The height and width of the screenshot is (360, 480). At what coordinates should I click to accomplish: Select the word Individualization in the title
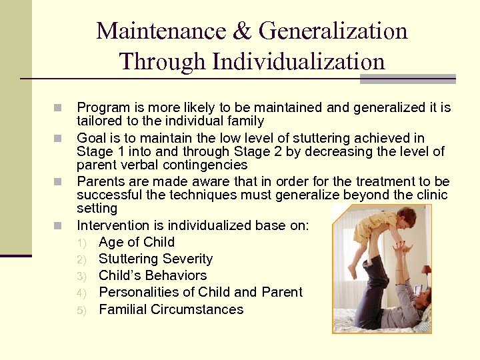pos(299,62)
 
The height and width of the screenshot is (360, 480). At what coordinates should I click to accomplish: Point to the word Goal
pos(91,138)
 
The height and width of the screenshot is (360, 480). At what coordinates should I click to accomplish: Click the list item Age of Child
pos(136,242)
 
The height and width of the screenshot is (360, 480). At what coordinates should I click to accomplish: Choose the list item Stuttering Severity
pos(155,259)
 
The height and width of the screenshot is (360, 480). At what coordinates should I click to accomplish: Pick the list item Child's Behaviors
pos(153,275)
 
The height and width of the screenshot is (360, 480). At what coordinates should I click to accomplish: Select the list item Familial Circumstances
pos(171,309)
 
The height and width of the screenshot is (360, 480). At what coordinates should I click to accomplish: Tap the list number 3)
pos(81,276)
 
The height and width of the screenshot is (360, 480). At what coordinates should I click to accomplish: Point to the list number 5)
pos(81,310)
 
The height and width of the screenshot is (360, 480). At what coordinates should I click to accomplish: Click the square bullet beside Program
pos(58,107)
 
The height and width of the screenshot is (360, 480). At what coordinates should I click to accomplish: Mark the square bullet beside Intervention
pos(58,225)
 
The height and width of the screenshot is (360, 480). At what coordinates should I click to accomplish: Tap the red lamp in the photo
pos(425,270)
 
